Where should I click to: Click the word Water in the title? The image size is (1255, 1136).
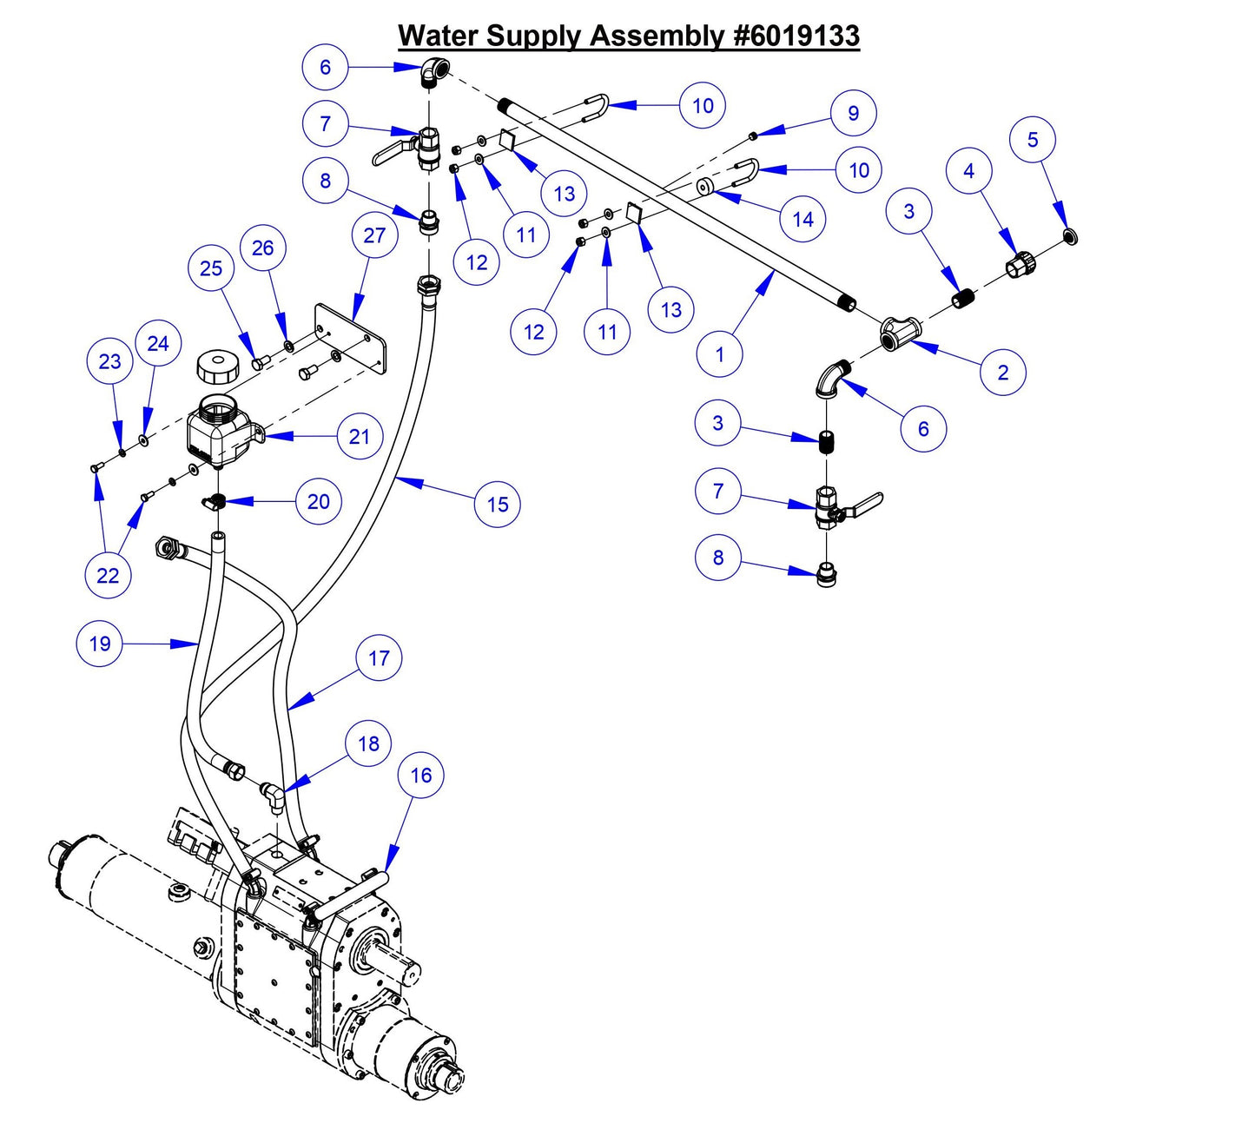click(x=439, y=36)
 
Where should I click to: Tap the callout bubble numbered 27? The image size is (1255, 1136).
click(x=374, y=235)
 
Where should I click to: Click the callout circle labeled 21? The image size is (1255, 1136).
click(x=360, y=437)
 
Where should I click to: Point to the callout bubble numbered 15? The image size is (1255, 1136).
click(x=498, y=504)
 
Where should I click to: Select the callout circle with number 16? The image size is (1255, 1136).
click(x=421, y=775)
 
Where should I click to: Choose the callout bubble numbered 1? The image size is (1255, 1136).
click(x=719, y=354)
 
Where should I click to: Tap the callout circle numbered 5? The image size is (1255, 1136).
click(x=1033, y=140)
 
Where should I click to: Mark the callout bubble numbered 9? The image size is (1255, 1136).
click(x=853, y=113)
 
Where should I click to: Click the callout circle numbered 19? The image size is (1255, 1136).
click(x=100, y=644)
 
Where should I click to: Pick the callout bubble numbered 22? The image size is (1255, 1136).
click(x=108, y=575)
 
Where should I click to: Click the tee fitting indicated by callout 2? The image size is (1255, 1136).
click(x=899, y=334)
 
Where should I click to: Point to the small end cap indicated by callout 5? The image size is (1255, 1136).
click(x=1071, y=235)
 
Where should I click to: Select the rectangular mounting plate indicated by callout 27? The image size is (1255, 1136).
click(x=350, y=338)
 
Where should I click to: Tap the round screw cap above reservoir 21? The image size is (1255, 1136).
click(x=216, y=367)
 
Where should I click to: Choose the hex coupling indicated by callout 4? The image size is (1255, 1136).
click(x=1021, y=263)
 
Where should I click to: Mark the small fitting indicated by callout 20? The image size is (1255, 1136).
click(x=215, y=501)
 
